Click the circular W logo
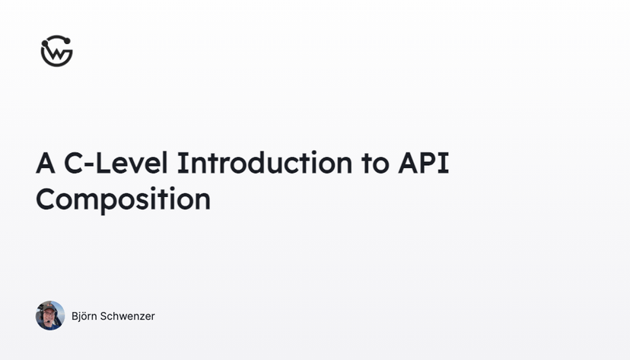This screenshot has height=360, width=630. pos(56,51)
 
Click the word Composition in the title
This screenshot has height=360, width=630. pos(123,199)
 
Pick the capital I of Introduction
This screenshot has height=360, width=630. pos(182,163)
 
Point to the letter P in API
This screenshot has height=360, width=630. pos(431,163)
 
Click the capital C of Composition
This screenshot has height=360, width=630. pos(47,199)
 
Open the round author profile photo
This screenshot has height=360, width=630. pos(50,316)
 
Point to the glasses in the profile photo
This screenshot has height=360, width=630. pos(50,314)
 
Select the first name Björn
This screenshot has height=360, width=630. pos(86,316)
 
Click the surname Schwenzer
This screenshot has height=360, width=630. pos(129,316)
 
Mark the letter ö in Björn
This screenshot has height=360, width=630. pos(87,317)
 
